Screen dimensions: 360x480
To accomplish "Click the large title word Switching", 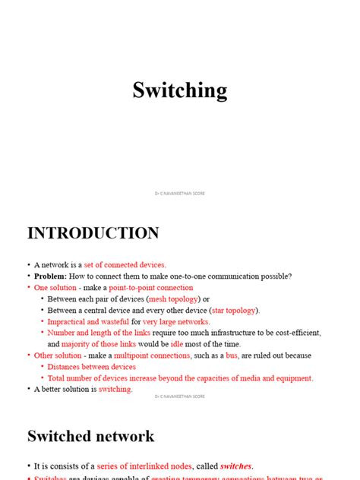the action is click(180, 90).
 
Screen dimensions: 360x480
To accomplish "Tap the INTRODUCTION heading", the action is click(93, 233).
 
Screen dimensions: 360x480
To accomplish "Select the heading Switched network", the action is click(90, 437).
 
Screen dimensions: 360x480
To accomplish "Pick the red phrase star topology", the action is click(234, 310).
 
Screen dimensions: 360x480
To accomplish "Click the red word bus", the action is click(232, 355).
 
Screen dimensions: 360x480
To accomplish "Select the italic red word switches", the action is click(236, 466).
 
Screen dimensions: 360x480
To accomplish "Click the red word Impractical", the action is click(66, 321).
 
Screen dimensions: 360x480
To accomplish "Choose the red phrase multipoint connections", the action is click(150, 355).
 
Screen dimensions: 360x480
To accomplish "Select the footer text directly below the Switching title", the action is click(180, 193).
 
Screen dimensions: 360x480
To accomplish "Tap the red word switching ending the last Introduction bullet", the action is click(115, 389).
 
